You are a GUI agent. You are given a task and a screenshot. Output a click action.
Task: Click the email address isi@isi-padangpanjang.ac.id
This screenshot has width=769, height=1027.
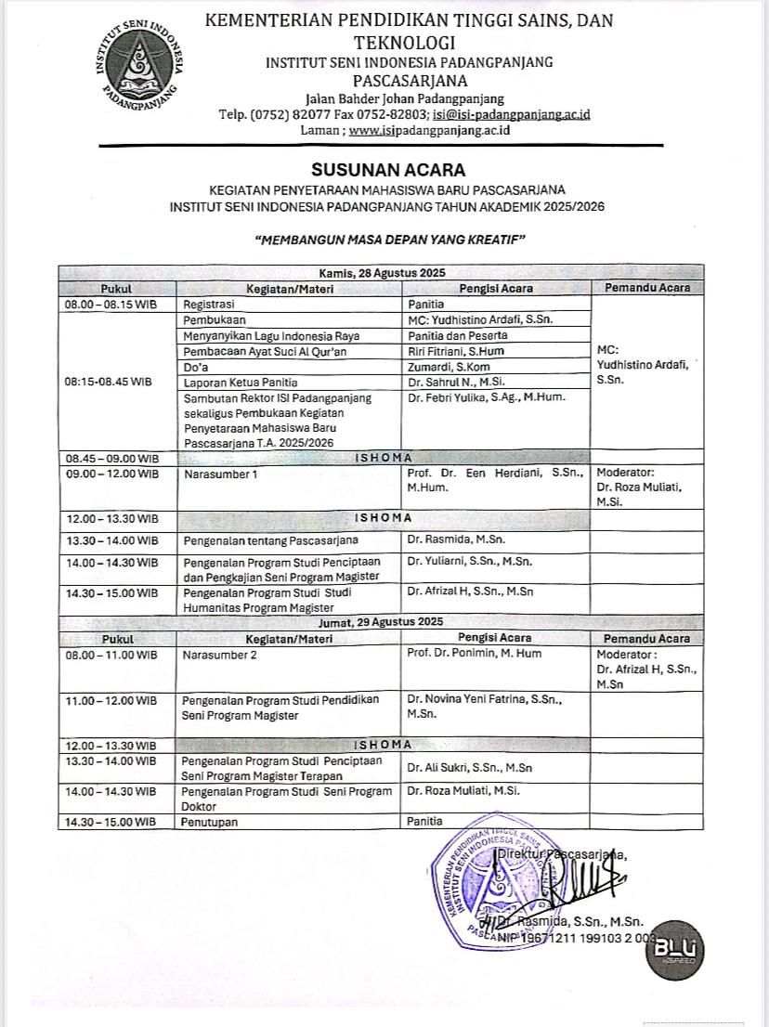point(512,114)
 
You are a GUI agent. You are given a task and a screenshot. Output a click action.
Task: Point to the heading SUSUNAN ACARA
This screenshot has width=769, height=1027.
point(387,170)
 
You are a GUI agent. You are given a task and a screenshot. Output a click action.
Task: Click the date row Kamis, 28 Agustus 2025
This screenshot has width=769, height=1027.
point(383,273)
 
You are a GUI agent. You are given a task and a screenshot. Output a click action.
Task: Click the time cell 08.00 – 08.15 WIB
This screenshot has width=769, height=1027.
point(111,304)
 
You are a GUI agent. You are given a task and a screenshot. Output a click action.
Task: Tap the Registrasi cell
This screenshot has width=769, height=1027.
point(209,304)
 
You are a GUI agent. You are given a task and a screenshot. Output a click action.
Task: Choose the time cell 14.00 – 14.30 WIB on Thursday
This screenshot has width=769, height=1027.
point(111,563)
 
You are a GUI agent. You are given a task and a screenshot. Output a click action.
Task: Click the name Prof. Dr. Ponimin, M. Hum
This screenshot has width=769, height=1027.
point(474,654)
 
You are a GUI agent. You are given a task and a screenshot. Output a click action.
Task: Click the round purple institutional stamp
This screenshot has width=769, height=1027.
point(492,877)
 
